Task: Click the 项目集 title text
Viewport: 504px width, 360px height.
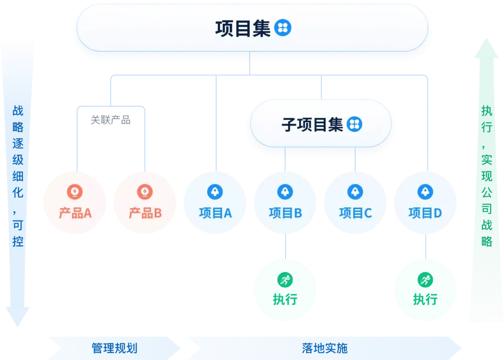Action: [243, 28]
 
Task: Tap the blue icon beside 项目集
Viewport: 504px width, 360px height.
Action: [282, 28]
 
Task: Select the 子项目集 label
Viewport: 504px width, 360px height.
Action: [312, 124]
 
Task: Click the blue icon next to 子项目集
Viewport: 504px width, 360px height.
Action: [354, 124]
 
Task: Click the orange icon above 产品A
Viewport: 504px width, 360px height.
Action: [75, 192]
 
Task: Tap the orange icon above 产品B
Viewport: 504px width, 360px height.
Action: [145, 192]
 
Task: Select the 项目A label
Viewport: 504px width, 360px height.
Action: [215, 213]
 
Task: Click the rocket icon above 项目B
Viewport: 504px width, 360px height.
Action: [285, 192]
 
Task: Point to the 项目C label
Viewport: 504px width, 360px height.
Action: [355, 213]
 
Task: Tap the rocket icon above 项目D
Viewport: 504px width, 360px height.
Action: [425, 192]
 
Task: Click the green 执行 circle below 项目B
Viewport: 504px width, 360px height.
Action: [285, 290]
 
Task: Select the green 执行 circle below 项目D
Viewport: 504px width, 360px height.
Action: [425, 290]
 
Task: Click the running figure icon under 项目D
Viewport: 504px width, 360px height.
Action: [425, 279]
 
